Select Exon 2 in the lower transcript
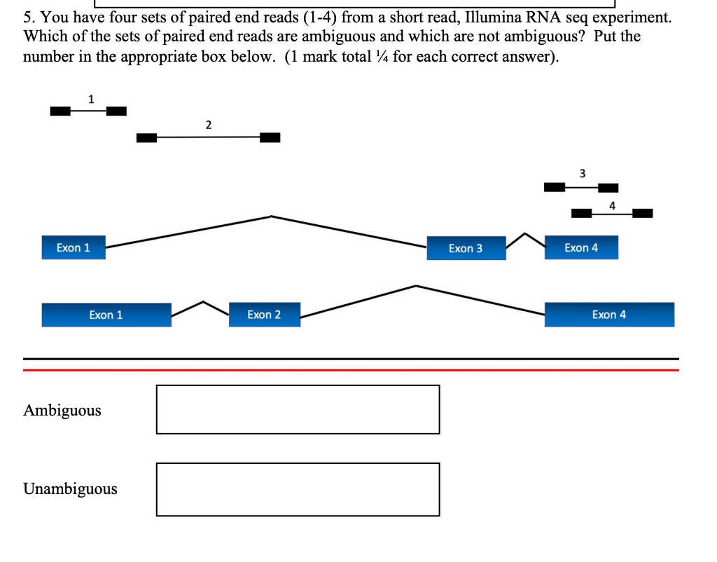coord(264,315)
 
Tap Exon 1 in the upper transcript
coord(74,247)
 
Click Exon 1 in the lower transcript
coord(106,315)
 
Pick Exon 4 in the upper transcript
coord(581,247)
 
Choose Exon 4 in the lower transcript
coord(609,315)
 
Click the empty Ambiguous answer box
coord(298,409)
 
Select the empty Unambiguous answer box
coord(298,489)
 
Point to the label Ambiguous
coord(62,410)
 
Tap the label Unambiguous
coord(70,488)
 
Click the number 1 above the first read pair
coord(90,99)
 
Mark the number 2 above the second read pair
coord(208,125)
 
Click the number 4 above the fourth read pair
coord(612,205)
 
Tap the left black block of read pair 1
coord(60,111)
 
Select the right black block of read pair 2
coord(270,137)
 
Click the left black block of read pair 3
coord(555,187)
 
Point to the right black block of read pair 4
coord(642,213)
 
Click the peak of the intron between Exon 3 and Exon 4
coord(525,233)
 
